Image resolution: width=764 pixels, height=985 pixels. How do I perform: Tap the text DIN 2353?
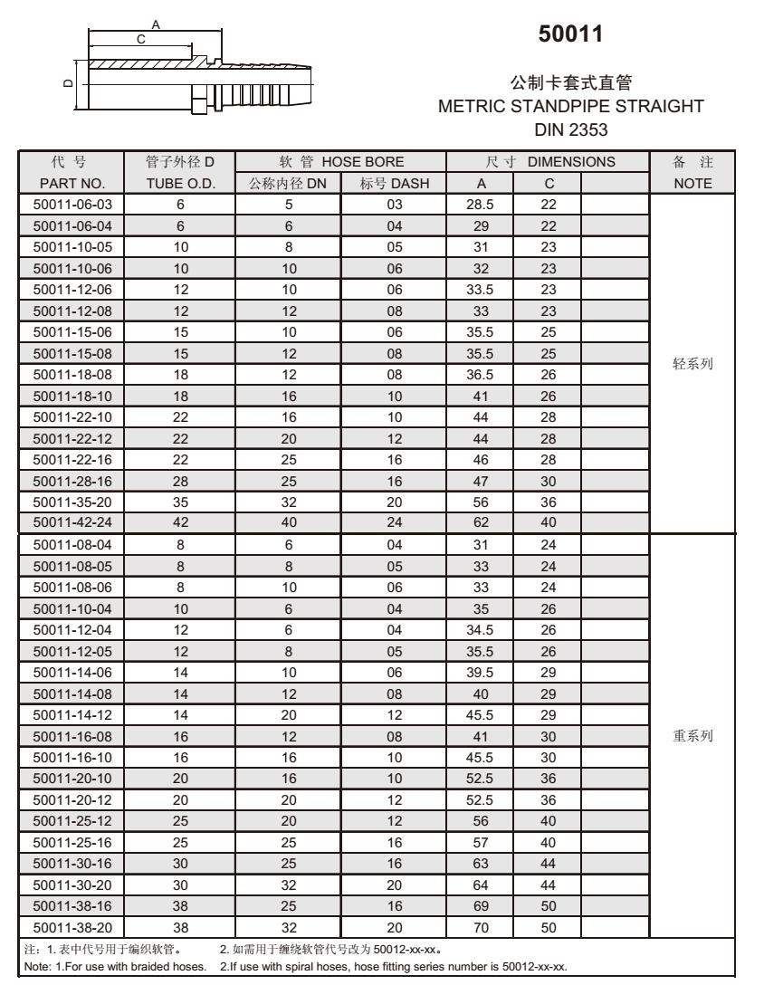(x=570, y=131)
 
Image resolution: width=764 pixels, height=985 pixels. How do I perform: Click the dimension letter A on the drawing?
(x=155, y=25)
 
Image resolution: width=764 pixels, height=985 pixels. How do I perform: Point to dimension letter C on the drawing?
(x=140, y=39)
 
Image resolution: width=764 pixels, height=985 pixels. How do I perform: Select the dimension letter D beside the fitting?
(x=66, y=84)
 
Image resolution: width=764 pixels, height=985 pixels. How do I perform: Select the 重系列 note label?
(x=693, y=736)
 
